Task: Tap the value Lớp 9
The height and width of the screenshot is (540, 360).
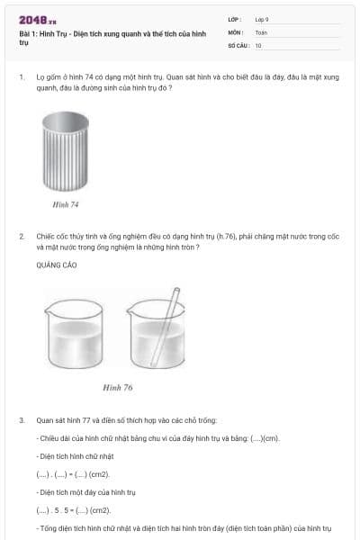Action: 262,19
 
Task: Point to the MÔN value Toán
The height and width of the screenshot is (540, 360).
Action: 261,31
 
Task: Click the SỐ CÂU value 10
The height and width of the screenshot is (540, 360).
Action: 258,44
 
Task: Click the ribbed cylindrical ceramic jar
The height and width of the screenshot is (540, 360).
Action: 66,155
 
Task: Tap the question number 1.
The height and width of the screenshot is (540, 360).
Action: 21,77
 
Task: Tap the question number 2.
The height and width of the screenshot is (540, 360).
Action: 21,236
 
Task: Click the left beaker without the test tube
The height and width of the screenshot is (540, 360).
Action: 78,337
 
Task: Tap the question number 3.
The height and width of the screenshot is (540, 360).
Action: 21,420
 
